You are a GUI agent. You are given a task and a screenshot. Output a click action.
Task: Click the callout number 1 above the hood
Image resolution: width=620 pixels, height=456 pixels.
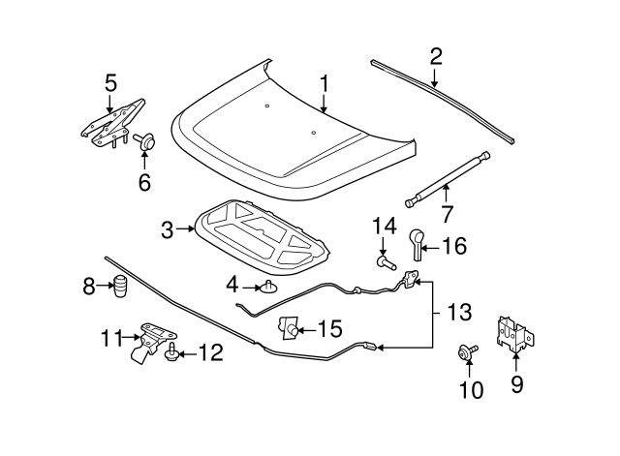point(325,84)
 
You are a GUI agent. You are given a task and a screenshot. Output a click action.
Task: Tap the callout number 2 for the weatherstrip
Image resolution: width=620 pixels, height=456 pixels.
point(436,55)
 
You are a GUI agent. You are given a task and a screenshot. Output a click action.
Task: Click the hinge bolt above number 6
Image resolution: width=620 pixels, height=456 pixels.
point(146,142)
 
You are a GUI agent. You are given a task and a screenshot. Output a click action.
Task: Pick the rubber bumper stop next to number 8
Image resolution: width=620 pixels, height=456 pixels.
point(121,288)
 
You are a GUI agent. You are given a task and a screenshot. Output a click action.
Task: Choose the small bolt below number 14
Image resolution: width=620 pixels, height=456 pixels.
point(385,260)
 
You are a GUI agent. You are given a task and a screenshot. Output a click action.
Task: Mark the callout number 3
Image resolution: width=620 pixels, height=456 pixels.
point(167,229)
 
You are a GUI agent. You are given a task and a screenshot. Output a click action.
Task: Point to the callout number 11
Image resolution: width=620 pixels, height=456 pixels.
point(111,337)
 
